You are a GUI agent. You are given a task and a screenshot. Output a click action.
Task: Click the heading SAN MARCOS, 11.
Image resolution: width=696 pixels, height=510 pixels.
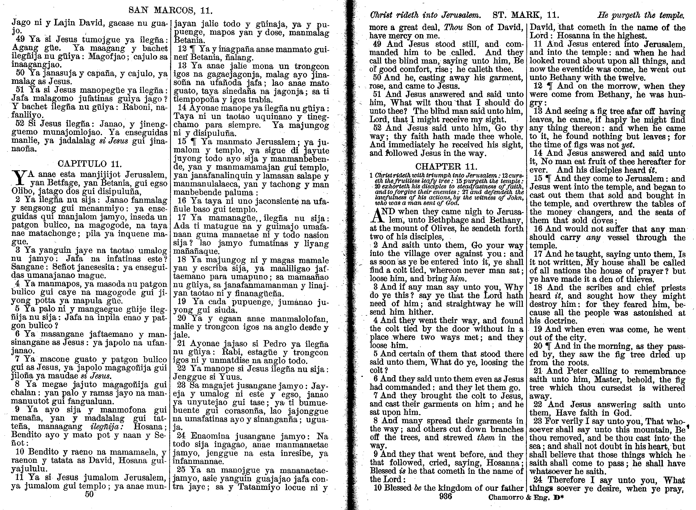(170, 11)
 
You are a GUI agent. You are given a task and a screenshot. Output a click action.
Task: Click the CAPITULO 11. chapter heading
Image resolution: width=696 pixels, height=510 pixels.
(90, 164)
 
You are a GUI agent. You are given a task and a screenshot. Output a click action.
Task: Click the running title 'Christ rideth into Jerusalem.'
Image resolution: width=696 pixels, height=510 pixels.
(425, 15)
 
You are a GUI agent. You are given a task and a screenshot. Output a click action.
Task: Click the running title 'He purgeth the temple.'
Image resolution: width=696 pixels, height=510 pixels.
(641, 15)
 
